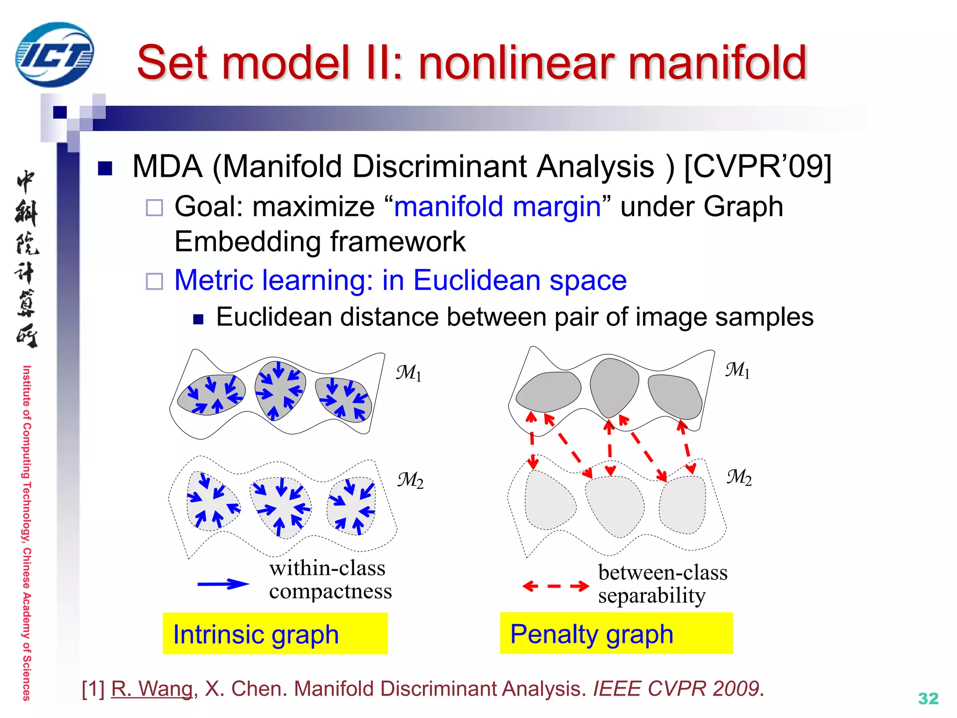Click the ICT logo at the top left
click(54, 55)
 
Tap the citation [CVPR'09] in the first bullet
click(757, 166)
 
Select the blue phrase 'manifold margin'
click(498, 207)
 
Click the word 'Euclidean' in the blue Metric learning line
click(477, 280)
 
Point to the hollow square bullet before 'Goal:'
click(154, 208)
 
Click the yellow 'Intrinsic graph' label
click(275, 634)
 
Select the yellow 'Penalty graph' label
click(616, 633)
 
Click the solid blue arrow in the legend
click(223, 584)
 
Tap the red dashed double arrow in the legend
click(555, 586)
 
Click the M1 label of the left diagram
click(408, 373)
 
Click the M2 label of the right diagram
click(739, 477)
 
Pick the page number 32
click(928, 698)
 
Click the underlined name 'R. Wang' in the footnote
click(152, 689)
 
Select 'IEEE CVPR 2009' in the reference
click(677, 689)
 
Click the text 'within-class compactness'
click(329, 580)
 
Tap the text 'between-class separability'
click(662, 584)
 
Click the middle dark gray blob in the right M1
click(614, 387)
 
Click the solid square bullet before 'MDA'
click(105, 168)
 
